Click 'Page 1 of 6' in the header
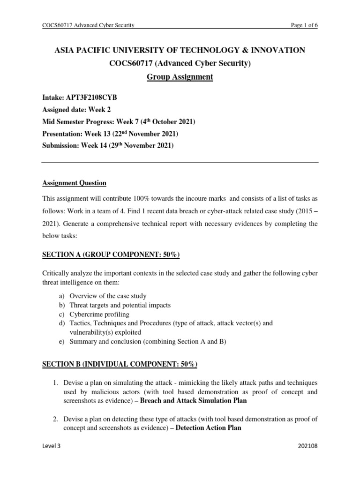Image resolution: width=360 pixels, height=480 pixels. point(304,25)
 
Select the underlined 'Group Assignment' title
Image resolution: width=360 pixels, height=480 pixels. point(180,77)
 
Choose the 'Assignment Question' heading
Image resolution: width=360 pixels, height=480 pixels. point(74,183)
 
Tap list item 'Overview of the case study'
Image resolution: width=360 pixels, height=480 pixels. point(108,296)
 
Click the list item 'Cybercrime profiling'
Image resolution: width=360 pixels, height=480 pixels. point(99,314)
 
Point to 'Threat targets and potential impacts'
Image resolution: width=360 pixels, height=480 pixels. point(120,305)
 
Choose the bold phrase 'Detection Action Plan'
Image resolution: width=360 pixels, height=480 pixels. point(209,427)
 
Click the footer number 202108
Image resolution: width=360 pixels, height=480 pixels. point(307,459)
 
